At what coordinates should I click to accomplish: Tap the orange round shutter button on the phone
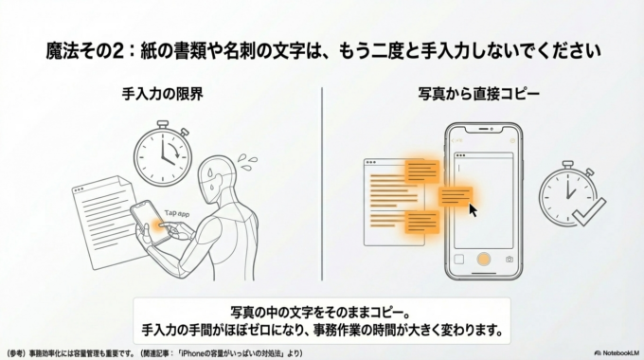pos(483,258)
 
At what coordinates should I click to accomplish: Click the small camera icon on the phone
pos(509,259)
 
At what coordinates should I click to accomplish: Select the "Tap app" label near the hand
pos(178,214)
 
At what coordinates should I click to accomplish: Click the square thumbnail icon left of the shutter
pos(458,259)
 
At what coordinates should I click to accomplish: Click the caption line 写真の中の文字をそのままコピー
pos(321,312)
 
